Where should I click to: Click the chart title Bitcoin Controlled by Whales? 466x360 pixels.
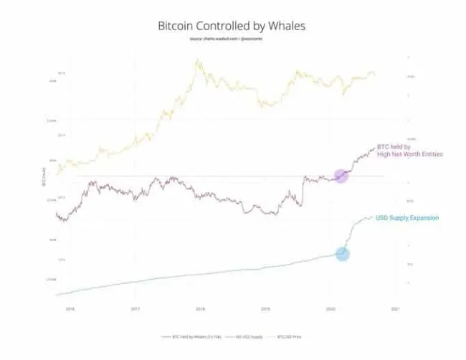tap(233, 25)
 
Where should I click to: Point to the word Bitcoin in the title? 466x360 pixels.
tap(177, 25)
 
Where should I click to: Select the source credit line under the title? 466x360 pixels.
tap(233, 39)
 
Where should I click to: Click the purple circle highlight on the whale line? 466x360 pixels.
tap(342, 175)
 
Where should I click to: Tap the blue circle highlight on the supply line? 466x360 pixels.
tap(343, 253)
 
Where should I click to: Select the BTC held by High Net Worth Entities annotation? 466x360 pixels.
tap(410, 151)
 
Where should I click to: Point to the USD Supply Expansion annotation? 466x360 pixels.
tap(407, 217)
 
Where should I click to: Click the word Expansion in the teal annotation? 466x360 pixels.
tap(423, 217)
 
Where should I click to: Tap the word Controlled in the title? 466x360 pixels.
tap(233, 25)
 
